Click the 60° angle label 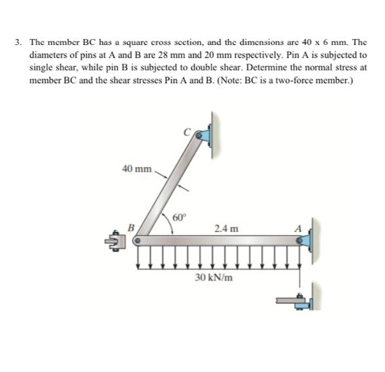coord(180,217)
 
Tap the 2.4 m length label coord(222,229)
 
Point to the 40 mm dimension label coord(137,168)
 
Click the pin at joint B coord(139,242)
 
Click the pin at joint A coord(300,242)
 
